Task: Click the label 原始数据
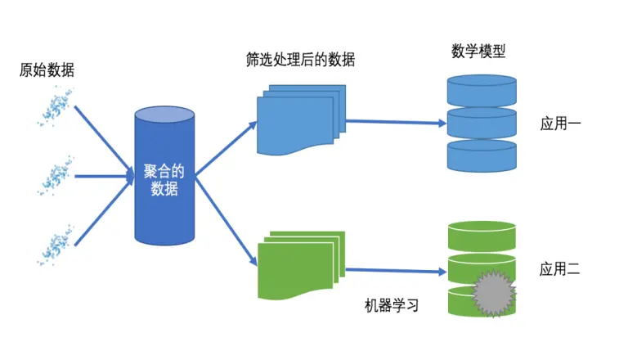click(x=47, y=70)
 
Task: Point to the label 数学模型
click(x=478, y=52)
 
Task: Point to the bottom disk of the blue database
click(x=482, y=155)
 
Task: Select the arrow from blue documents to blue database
click(x=396, y=123)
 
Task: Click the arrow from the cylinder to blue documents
click(x=226, y=148)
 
